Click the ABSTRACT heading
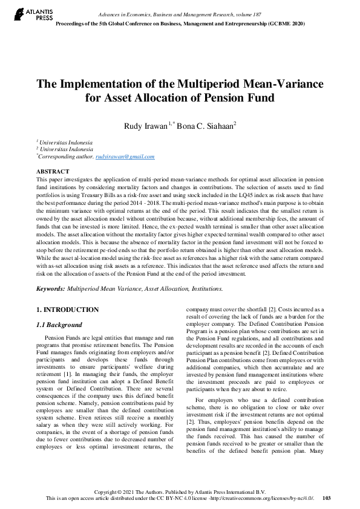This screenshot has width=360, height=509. click(x=53, y=172)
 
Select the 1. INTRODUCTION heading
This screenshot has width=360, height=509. click(x=67, y=310)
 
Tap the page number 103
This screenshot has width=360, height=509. click(x=326, y=499)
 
